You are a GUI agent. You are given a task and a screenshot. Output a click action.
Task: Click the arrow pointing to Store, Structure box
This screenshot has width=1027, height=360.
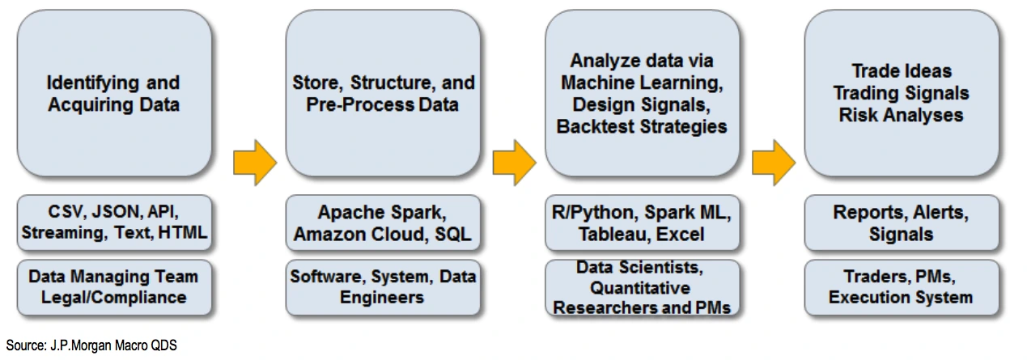(255, 163)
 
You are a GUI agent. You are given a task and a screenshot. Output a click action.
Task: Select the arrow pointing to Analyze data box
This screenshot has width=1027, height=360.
(515, 163)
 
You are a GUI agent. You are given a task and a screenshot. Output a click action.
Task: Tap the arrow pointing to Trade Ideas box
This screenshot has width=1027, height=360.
(774, 163)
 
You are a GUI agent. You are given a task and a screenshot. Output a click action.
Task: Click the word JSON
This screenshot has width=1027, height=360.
(118, 212)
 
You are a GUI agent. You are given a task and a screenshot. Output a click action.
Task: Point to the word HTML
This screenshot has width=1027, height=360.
(182, 233)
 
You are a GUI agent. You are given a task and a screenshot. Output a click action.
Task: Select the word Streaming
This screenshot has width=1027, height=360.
(65, 233)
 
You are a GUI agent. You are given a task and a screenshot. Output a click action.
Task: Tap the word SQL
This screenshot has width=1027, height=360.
(452, 235)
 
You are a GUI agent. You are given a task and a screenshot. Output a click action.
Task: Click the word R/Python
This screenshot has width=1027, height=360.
(593, 213)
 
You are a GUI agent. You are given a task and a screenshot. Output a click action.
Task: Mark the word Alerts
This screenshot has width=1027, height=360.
(940, 213)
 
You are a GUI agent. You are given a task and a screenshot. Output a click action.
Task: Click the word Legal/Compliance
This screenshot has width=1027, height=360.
(113, 298)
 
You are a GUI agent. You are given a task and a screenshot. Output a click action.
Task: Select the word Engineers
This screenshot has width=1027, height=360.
(382, 298)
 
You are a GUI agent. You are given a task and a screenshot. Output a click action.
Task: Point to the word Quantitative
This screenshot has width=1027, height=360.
(640, 288)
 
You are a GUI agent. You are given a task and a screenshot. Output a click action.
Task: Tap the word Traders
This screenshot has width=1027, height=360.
(871, 277)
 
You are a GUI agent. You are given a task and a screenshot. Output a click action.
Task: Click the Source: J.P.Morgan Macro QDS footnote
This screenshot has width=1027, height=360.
(91, 345)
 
